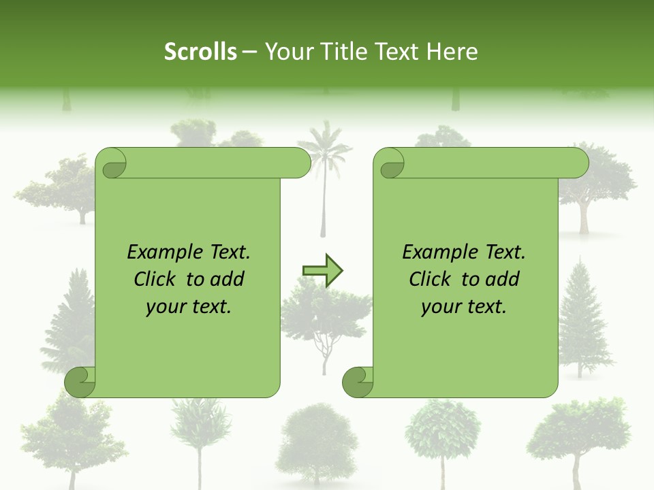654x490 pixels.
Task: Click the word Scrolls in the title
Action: point(201,51)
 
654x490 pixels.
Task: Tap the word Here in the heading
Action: point(452,51)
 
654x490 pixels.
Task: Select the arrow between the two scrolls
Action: point(322,271)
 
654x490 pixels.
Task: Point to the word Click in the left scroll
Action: point(157,279)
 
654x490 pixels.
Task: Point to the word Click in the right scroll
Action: point(433,279)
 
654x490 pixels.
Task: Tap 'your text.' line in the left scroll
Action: point(189,306)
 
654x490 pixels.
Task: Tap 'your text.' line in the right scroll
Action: point(464,306)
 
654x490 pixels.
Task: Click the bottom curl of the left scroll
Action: point(80,381)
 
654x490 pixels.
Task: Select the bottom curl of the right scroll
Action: point(357,381)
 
